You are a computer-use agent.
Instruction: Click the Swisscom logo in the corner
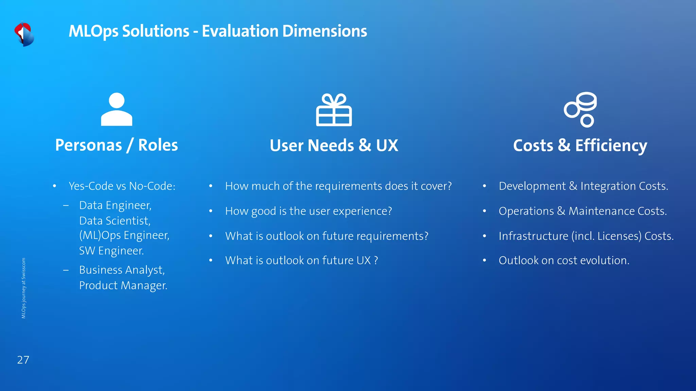click(24, 34)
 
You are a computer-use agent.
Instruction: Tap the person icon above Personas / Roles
click(117, 109)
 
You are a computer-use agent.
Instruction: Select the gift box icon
click(334, 110)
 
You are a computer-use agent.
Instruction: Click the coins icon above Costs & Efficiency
click(580, 109)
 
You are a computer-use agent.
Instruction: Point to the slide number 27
click(23, 360)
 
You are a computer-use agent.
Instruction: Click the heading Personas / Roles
click(117, 145)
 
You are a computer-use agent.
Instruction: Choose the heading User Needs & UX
click(334, 146)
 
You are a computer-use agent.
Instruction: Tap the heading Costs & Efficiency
click(580, 146)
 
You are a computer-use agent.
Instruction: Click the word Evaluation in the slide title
click(240, 31)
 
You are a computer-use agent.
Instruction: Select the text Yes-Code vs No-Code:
click(122, 186)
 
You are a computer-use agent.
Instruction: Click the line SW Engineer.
click(111, 251)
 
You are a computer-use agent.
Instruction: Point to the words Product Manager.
click(123, 285)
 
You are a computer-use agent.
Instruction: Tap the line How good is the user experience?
click(309, 211)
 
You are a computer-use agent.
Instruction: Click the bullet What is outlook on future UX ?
click(301, 260)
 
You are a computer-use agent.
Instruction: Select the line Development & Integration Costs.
click(583, 186)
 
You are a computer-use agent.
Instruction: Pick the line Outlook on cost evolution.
click(564, 260)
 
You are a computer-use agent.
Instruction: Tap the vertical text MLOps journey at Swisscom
click(23, 288)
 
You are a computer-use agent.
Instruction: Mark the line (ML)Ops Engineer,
click(124, 235)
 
